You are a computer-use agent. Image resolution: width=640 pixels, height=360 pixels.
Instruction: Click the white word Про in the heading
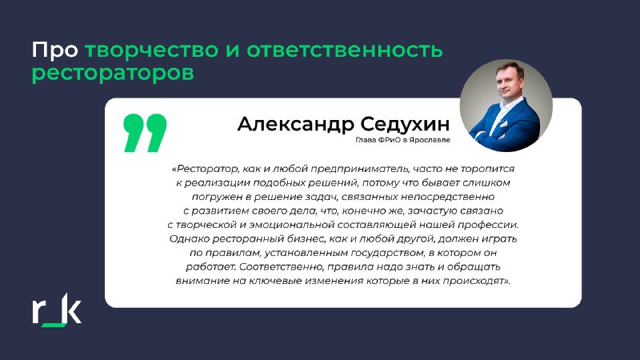pyautogui.click(x=55, y=50)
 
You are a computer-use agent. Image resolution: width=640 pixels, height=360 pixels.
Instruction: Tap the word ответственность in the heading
pyautogui.click(x=345, y=50)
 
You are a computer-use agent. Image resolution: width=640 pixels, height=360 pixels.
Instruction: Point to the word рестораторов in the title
pyautogui.click(x=113, y=74)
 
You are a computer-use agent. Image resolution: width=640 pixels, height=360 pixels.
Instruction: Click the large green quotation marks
pyautogui.click(x=145, y=133)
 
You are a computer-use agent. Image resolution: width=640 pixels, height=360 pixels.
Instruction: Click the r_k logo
pyautogui.click(x=57, y=310)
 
